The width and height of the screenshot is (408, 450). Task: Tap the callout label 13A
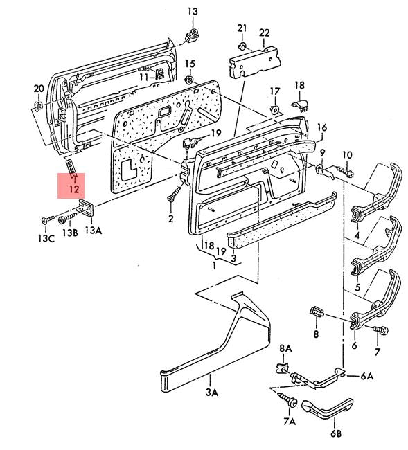point(93,230)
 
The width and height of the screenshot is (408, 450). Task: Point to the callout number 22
point(265,33)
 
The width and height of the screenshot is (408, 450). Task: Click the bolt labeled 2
point(169,199)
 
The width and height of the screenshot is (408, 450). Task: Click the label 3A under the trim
point(211,393)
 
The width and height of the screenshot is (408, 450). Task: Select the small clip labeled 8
point(317,311)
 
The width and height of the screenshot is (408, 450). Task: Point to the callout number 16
point(321,127)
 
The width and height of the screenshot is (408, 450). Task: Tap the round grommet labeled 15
point(189,82)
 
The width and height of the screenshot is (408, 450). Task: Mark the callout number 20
point(39,88)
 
